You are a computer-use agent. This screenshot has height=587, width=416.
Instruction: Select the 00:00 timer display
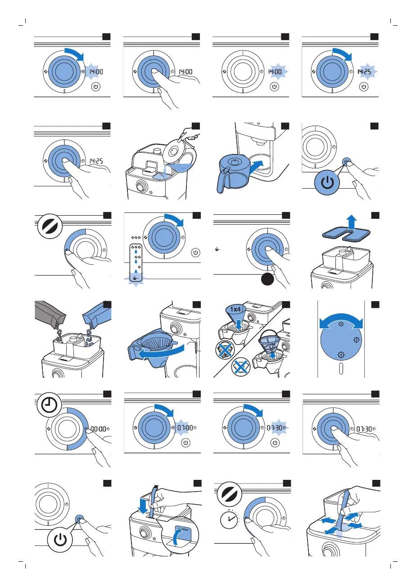click(x=98, y=429)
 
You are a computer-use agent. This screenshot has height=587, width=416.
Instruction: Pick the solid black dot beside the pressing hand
click(x=269, y=280)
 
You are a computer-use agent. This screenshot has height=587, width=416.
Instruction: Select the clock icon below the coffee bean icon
click(x=230, y=521)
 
